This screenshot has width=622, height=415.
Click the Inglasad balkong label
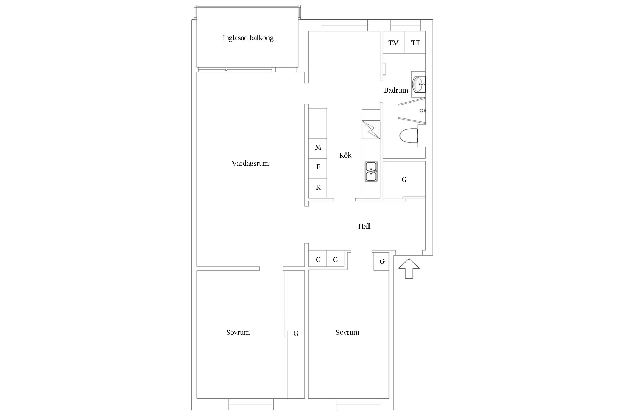248,38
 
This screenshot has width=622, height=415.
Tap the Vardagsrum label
250,163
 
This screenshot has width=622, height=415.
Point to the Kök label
345,155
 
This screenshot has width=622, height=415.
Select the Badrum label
396,90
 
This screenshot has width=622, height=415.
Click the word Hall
364,226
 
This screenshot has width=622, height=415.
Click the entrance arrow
409,268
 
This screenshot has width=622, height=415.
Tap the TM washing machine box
394,42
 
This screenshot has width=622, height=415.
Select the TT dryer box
415,42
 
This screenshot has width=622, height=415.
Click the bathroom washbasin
419,84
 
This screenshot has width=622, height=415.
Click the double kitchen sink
371,172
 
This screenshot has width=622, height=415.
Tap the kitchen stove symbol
371,130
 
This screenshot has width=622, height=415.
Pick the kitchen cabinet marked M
318,149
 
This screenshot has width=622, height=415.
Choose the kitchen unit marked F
318,168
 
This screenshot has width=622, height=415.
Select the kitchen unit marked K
318,188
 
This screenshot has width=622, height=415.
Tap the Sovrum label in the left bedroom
238,332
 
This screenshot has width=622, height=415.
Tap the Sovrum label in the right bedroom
347,332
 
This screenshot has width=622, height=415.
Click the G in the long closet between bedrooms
296,334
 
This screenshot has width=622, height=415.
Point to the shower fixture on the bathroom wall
423,111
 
